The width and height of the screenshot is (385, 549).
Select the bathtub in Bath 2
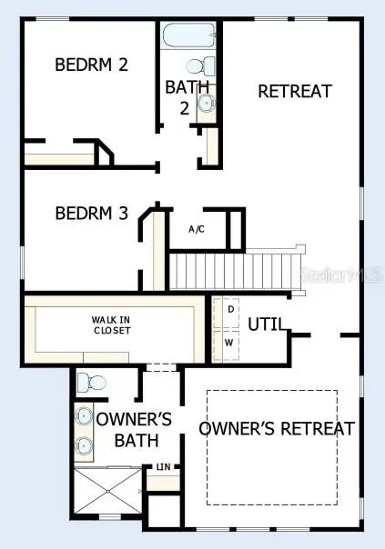tap(188, 36)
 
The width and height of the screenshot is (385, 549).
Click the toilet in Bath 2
tap(200, 65)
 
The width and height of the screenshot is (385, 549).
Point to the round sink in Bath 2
tap(208, 103)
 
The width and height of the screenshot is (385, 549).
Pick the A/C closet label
tap(196, 229)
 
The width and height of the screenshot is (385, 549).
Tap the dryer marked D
tap(230, 310)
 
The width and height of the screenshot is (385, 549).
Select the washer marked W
tap(229, 344)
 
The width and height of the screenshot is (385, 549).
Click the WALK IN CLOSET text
tap(110, 324)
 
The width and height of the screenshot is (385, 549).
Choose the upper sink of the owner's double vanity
tap(84, 417)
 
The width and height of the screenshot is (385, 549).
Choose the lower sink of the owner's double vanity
tap(84, 446)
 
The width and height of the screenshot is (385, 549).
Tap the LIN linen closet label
tap(164, 467)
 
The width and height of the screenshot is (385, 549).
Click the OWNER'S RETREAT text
tap(276, 428)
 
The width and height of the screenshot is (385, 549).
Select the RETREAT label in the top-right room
tap(294, 91)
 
